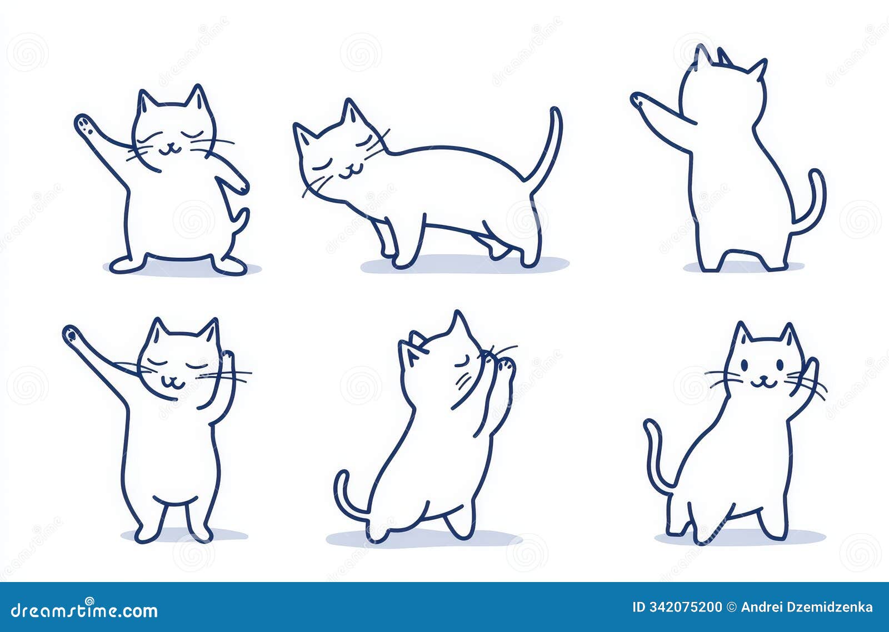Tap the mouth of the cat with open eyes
tap(763, 383)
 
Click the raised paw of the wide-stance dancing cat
tap(84, 123)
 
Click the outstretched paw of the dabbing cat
tap(71, 334)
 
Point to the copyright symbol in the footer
tap(731, 607)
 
